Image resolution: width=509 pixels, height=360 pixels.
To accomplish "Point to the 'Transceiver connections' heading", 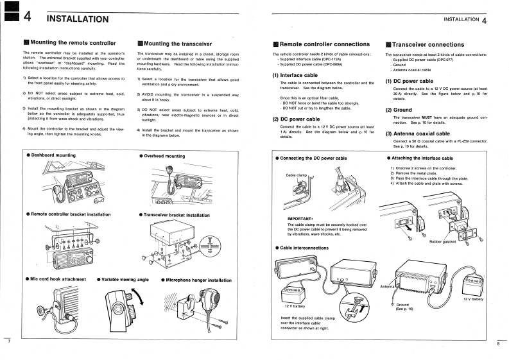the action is [428, 44].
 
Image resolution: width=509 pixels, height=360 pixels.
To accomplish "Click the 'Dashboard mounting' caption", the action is [54, 156].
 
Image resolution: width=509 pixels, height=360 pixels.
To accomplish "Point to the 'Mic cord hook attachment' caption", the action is [58, 280].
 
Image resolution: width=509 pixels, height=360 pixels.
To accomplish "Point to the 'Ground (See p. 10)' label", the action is [403, 307].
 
